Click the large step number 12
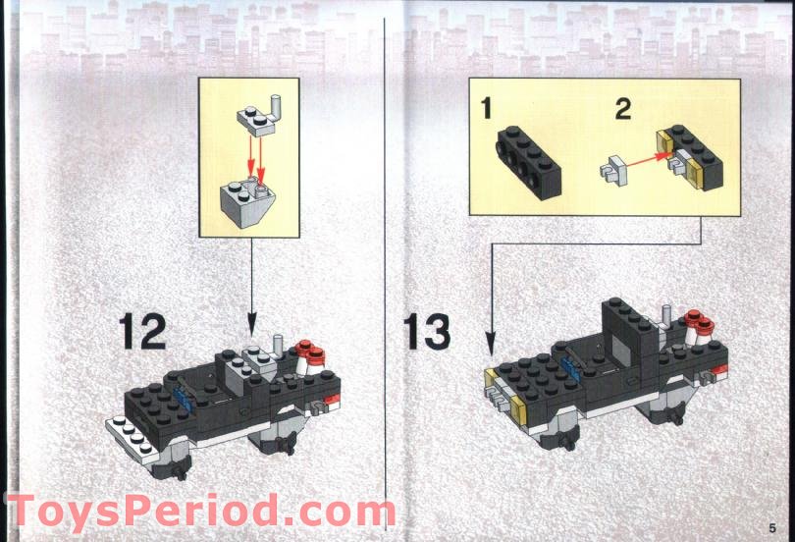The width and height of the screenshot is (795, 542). click(143, 331)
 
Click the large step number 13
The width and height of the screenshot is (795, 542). click(427, 331)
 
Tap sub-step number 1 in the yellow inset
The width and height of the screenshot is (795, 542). click(486, 108)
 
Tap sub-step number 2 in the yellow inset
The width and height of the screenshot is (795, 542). click(623, 108)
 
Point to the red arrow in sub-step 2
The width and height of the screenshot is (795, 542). click(642, 155)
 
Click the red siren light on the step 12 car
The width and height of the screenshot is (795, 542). click(309, 349)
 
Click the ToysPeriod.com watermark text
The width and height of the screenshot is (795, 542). click(201, 513)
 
